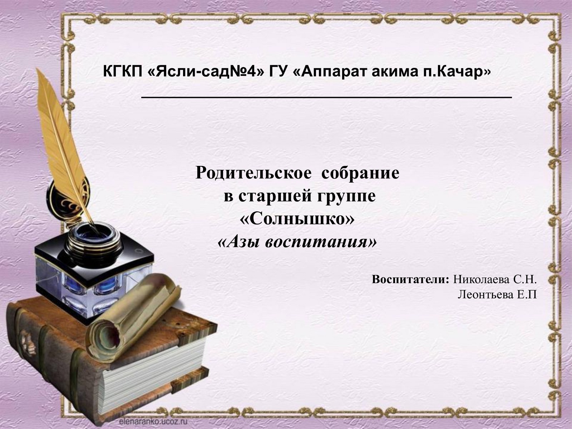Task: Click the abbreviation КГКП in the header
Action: click(x=123, y=71)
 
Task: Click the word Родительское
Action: click(x=253, y=173)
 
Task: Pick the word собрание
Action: click(x=360, y=173)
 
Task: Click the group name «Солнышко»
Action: click(x=297, y=219)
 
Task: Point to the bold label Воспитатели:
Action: click(x=410, y=279)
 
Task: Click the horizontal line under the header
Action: click(x=327, y=97)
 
